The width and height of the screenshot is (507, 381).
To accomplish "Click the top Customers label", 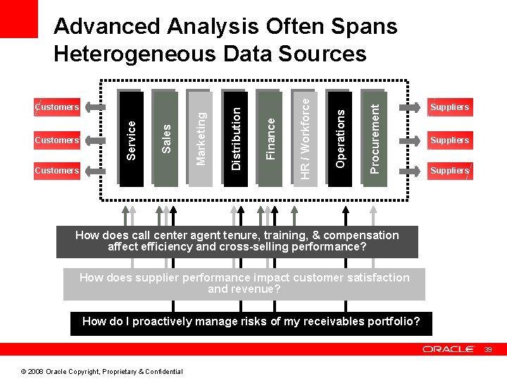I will pyautogui.click(x=58, y=107).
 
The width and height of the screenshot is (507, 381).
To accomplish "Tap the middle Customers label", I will pyautogui.click(x=58, y=140).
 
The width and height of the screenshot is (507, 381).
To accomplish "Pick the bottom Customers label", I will pyautogui.click(x=58, y=170).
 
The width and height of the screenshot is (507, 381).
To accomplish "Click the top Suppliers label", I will pyautogui.click(x=449, y=107).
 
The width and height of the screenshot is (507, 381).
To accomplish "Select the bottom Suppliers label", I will pyautogui.click(x=449, y=170).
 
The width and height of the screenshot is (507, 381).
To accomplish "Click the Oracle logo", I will pyautogui.click(x=448, y=349).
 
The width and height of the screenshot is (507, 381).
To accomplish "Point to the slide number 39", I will pyautogui.click(x=487, y=349).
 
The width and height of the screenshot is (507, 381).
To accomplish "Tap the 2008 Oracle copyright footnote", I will pyautogui.click(x=101, y=372).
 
